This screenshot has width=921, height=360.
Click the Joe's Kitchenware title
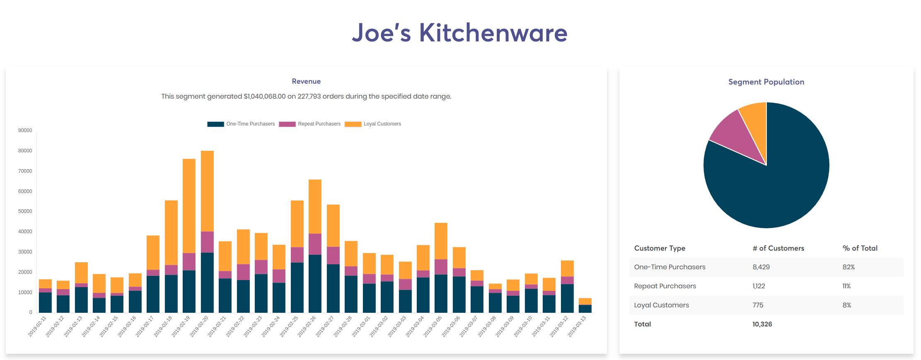click(x=459, y=33)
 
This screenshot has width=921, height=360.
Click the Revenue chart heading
click(x=306, y=81)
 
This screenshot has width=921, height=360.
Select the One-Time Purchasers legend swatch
click(x=215, y=124)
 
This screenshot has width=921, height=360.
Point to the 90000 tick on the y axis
click(x=25, y=130)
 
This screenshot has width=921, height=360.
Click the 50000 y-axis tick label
click(x=25, y=211)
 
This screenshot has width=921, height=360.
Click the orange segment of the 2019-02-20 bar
click(x=207, y=191)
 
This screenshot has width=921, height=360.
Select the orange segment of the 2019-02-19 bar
click(x=189, y=206)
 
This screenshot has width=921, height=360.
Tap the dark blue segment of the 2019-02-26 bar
click(x=315, y=284)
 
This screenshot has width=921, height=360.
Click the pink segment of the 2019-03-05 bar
click(x=441, y=267)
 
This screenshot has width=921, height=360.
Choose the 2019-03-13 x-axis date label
click(x=577, y=326)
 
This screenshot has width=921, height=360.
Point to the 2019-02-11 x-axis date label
click(x=37, y=326)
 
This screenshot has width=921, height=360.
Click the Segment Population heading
click(x=766, y=82)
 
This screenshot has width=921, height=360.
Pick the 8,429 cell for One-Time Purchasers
click(x=761, y=267)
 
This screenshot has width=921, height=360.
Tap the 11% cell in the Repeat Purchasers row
click(x=846, y=286)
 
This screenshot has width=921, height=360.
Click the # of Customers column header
click(x=778, y=248)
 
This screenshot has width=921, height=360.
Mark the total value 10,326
click(x=762, y=324)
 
